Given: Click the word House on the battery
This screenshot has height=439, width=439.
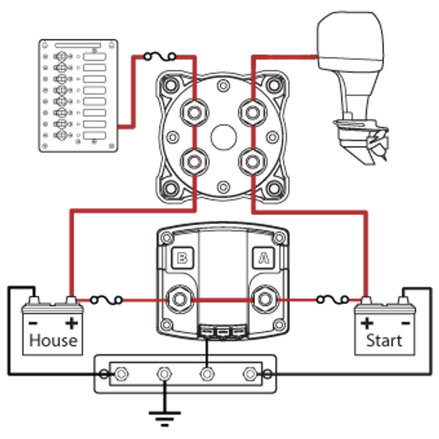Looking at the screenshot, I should point(53,339).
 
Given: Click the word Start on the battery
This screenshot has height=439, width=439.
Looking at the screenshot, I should point(384,339).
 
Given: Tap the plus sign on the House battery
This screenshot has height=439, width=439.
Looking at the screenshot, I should point(71,323).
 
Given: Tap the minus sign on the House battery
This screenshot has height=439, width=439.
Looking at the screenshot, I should point(32,323).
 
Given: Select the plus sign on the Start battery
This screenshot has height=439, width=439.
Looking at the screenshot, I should point(368,323).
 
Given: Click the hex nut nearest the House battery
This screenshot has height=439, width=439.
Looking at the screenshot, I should point(179,297).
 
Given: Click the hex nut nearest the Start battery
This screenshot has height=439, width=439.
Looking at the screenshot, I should point(265,297).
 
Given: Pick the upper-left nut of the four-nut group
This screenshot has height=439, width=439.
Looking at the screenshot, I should point(193,113).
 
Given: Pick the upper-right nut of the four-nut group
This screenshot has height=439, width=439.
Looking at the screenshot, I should point(252,113).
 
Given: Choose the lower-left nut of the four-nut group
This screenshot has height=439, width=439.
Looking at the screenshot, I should point(193,161).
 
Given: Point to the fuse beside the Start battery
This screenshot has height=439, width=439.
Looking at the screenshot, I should point(331,297).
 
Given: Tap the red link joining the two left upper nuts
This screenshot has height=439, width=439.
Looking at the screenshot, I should point(193,137).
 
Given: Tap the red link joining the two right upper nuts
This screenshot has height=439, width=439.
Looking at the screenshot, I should point(252,137).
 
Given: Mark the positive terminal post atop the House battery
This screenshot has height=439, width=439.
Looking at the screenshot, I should point(71,300).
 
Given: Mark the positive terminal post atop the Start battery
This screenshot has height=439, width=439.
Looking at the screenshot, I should point(366,300).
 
